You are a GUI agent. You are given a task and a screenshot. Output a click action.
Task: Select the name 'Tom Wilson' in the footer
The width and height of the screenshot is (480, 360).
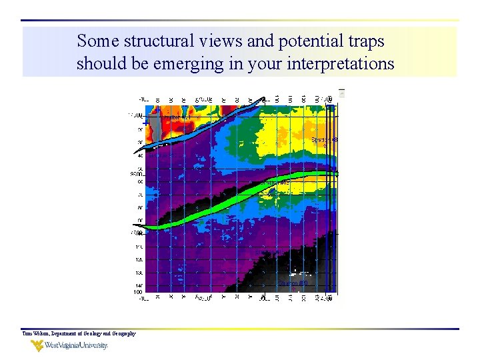coord(36,333)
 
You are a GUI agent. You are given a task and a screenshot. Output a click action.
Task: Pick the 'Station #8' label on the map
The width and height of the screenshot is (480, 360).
coord(325,140)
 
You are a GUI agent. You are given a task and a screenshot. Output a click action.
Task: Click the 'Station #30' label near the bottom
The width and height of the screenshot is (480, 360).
coord(293,283)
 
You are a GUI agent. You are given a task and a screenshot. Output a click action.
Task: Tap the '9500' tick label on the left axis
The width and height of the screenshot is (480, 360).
coord(137,174)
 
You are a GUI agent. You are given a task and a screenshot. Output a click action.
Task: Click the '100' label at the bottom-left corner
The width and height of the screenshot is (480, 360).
coord(137,292)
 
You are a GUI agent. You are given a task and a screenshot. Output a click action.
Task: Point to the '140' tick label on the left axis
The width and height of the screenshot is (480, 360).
coord(138,285)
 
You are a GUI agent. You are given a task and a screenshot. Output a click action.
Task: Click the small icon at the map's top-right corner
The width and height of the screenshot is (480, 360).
coord(341,93)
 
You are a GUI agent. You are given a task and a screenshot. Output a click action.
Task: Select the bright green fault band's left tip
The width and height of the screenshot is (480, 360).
coord(148,227)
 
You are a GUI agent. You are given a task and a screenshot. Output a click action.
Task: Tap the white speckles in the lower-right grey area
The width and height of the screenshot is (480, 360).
coord(300,267)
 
